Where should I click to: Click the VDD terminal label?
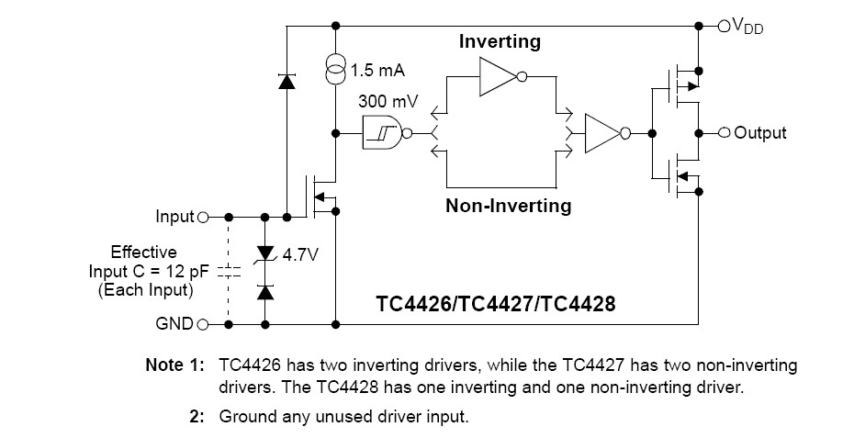point(747,27)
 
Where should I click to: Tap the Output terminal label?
point(760,133)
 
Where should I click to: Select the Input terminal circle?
point(203,218)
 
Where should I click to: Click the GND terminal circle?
point(203,324)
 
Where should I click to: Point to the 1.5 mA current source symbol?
point(336,67)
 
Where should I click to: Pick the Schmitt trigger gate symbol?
point(383,133)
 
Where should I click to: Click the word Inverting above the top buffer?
point(500,42)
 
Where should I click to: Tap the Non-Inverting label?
point(508,206)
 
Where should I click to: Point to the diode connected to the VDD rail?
point(286,82)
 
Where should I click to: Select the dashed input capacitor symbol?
point(229,272)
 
